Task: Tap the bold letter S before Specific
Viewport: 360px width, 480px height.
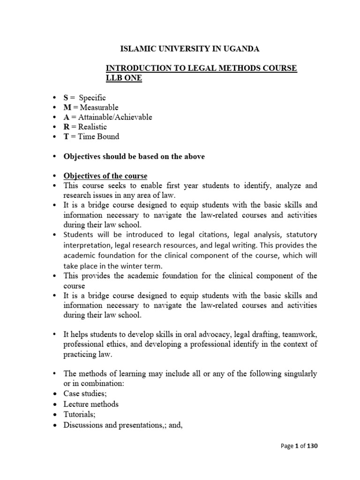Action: point(67,97)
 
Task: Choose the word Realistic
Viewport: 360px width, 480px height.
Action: point(93,127)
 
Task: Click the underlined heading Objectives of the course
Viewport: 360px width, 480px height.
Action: point(105,176)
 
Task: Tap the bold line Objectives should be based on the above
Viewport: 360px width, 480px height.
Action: point(134,157)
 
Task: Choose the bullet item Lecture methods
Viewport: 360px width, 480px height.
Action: point(91,404)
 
